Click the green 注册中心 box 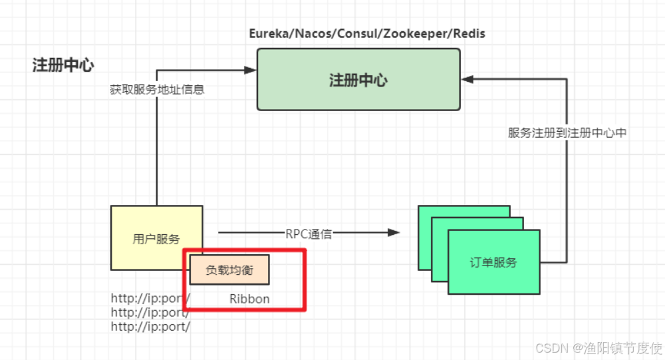[358, 79]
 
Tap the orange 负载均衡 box [229, 270]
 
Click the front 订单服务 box [493, 262]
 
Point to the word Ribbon [249, 299]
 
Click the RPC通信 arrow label [309, 234]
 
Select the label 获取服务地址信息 [157, 89]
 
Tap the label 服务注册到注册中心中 [567, 132]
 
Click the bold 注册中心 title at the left [63, 65]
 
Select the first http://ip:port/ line [150, 298]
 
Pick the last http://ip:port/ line [150, 326]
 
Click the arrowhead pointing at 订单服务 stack [394, 232]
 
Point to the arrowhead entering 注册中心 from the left [251, 69]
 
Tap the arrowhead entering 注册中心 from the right [467, 79]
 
